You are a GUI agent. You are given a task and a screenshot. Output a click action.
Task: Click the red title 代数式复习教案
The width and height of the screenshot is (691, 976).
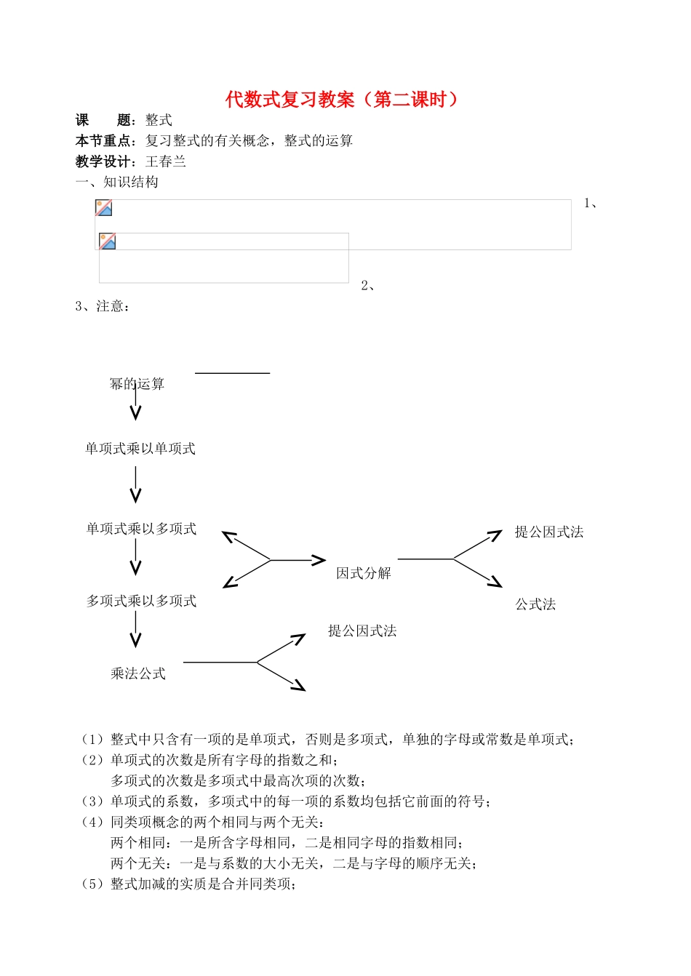click(342, 99)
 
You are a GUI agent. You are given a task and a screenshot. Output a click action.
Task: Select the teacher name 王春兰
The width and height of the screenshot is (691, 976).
click(166, 161)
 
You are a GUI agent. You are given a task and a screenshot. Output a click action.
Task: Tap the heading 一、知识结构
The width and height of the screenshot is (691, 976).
click(117, 182)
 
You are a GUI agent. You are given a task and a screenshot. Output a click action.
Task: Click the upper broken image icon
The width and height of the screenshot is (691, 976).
click(104, 208)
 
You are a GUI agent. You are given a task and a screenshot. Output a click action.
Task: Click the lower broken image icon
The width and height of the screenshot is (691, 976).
click(108, 241)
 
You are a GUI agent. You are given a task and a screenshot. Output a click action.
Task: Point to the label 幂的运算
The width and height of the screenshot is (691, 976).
click(137, 384)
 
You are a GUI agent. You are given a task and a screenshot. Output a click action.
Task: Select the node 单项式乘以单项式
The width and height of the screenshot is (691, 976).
click(140, 449)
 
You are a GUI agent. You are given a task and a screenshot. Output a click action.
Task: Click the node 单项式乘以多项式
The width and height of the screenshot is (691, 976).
click(141, 529)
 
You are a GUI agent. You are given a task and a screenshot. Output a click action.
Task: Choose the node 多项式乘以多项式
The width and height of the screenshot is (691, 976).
click(141, 601)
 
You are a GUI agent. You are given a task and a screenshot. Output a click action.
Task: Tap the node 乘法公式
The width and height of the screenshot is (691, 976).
click(138, 673)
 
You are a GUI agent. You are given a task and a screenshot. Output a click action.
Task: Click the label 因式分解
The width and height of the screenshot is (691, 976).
click(364, 573)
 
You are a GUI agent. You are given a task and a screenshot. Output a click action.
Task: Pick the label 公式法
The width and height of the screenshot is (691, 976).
click(535, 604)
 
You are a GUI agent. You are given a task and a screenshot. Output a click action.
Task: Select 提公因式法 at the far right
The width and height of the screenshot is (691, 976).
click(549, 532)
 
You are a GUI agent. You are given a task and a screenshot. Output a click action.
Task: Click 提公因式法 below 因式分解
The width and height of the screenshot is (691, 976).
click(362, 631)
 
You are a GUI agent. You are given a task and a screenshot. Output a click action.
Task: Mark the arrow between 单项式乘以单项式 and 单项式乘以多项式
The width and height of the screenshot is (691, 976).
click(135, 485)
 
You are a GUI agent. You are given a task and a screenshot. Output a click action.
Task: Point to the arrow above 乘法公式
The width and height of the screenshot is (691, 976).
click(135, 629)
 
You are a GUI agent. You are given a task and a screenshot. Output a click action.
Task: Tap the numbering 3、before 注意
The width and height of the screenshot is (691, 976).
click(82, 306)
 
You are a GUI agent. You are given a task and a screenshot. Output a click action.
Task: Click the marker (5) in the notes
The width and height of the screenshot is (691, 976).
click(92, 884)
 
